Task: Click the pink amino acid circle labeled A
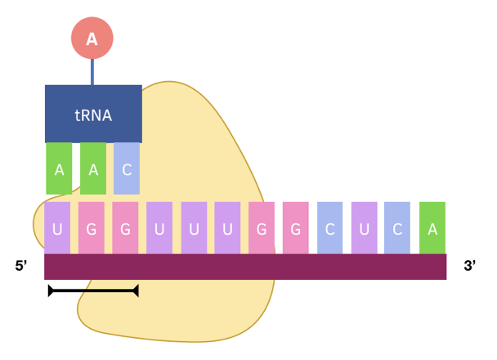point(92,38)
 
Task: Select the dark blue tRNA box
point(93,114)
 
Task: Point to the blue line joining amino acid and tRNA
point(92,71)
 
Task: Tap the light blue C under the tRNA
point(127,169)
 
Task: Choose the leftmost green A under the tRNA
point(59,169)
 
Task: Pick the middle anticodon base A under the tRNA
point(93,169)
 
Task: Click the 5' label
point(22,266)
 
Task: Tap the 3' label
point(470,266)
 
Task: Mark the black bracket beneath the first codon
point(93,290)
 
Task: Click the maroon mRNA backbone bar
point(245,267)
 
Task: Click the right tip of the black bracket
point(136,290)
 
